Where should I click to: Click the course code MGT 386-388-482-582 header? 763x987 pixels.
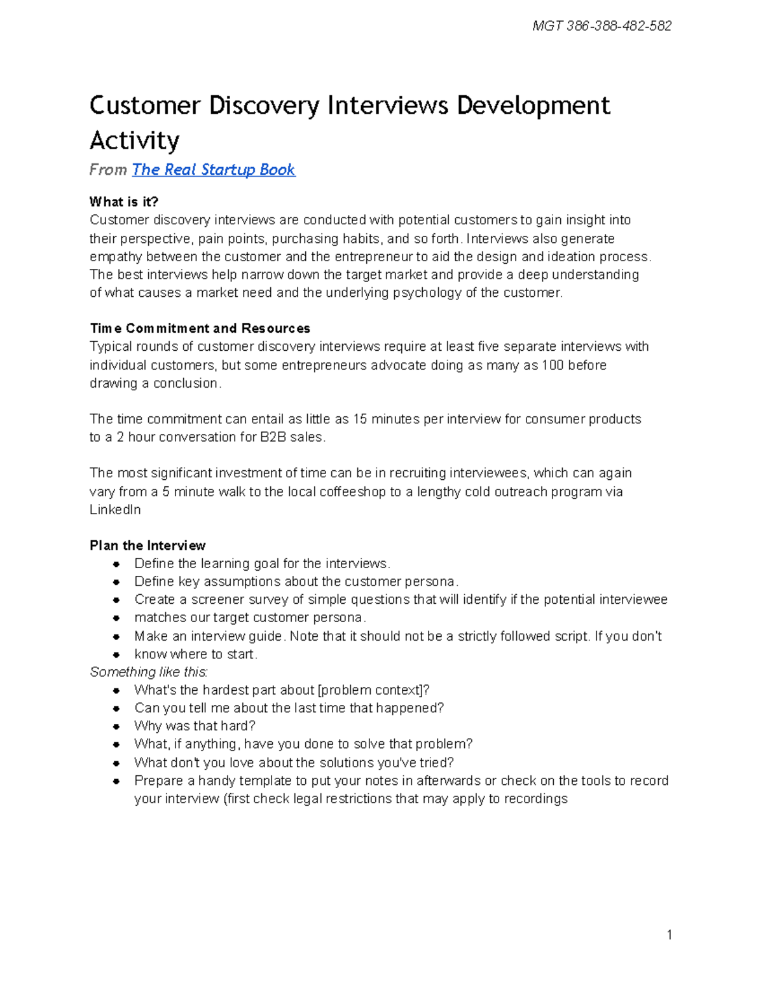[x=601, y=26]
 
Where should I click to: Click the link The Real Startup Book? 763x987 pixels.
[x=214, y=170]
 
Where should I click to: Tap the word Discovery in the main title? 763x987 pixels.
[x=264, y=106]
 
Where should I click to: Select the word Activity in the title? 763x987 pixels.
[x=134, y=140]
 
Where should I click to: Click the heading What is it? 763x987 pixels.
[x=123, y=202]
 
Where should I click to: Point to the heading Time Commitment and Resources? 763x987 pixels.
[x=200, y=329]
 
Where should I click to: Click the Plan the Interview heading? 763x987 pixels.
[x=148, y=546]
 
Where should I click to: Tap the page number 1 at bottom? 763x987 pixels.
[x=669, y=934]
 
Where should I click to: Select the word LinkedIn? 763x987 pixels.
[x=115, y=510]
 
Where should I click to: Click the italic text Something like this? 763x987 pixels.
[x=149, y=672]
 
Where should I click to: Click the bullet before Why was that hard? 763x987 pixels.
[x=116, y=726]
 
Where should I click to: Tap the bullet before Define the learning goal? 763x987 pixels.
[x=116, y=564]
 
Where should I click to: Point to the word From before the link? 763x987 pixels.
[x=108, y=170]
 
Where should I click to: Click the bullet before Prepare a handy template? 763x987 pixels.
[x=116, y=781]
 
